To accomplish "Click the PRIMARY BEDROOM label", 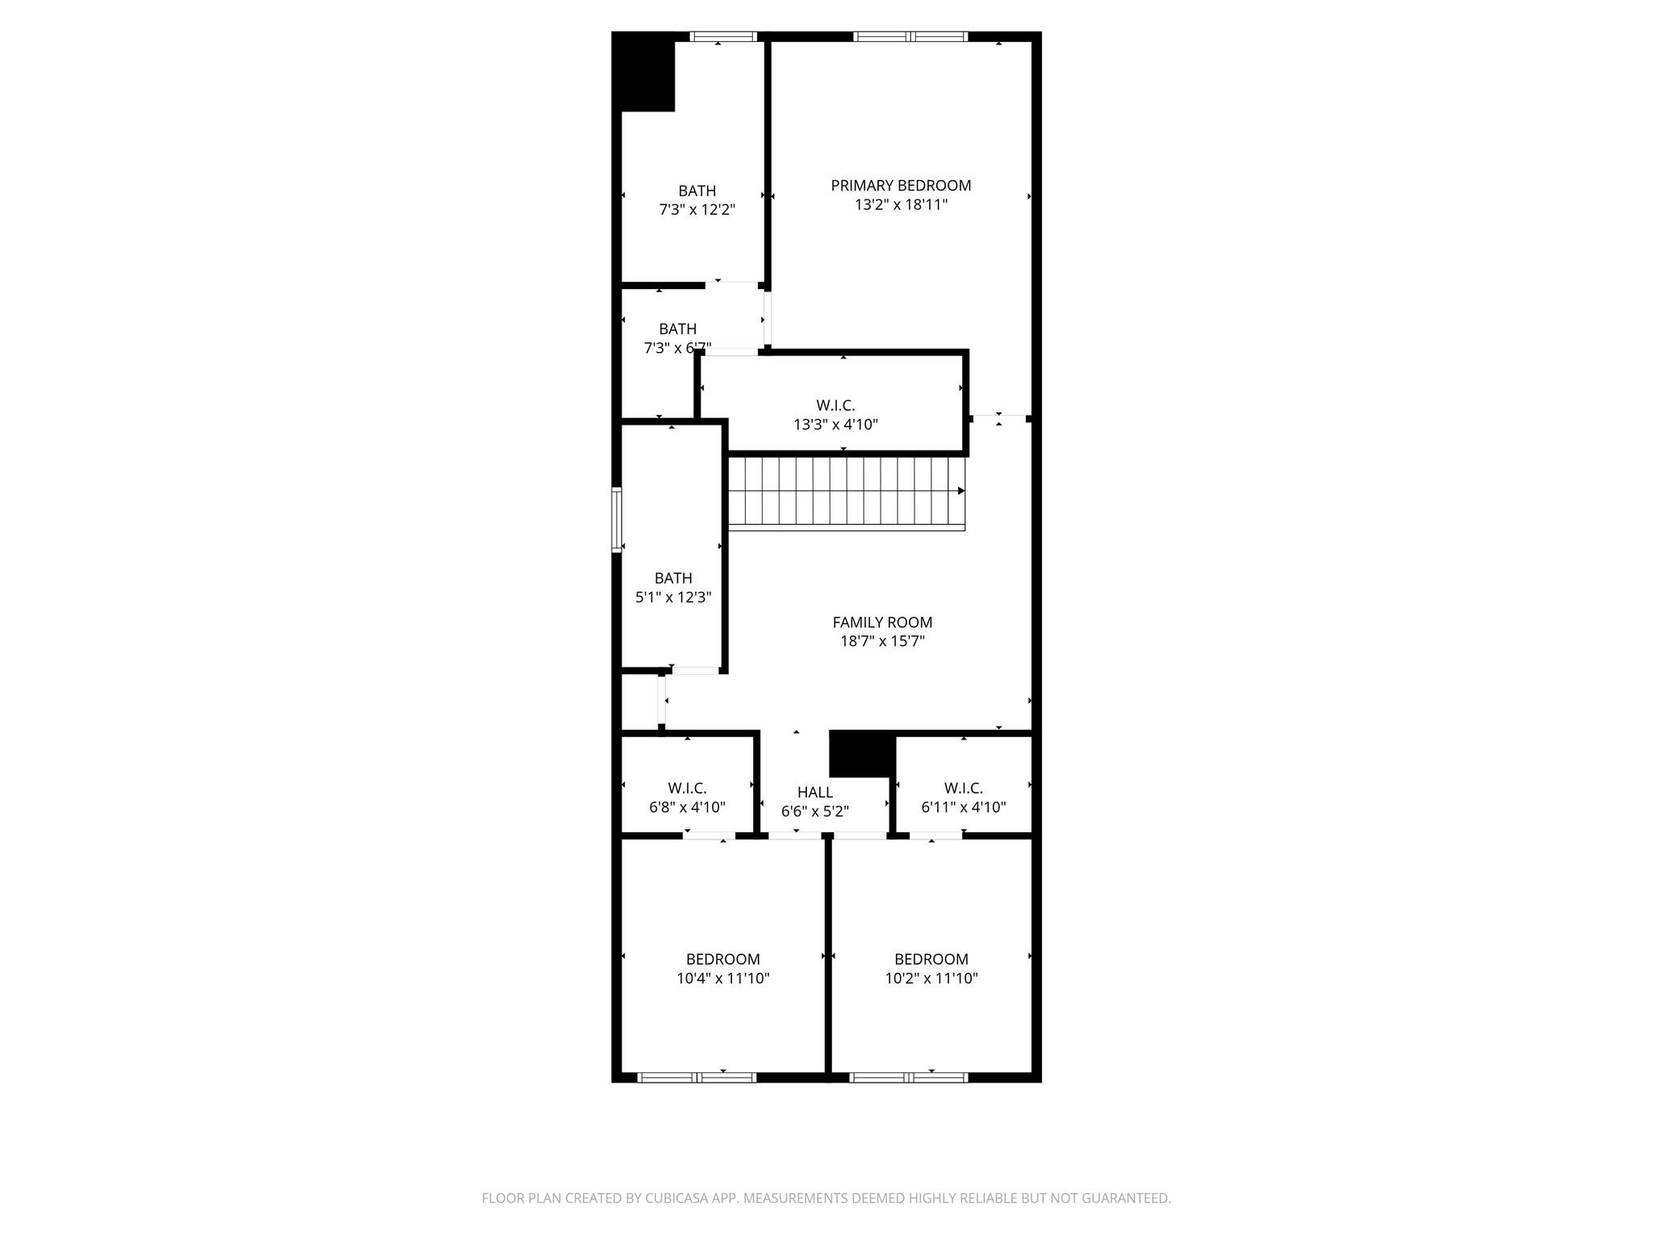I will [901, 186].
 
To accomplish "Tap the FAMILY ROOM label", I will [882, 622].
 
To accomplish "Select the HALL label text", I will [814, 793].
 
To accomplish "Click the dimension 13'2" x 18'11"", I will [901, 205].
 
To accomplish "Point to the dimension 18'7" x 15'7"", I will [882, 642].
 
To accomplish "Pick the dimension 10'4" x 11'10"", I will [722, 978].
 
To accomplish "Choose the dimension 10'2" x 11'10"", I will [931, 978].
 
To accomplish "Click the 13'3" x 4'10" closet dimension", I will [835, 425].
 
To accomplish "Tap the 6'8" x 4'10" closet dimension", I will [687, 807].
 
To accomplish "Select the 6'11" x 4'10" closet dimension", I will [963, 807].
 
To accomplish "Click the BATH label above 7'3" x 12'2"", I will [697, 191].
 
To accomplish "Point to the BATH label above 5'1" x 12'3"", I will [673, 578].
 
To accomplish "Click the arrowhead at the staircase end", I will [960, 491].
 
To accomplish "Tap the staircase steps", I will [839, 492].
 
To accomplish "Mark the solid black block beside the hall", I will [861, 754].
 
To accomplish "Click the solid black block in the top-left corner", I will [643, 73].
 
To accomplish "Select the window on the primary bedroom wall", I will [910, 36].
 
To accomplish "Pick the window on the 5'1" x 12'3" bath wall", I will [617, 519].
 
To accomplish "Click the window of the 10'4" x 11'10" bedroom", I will [697, 1077].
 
